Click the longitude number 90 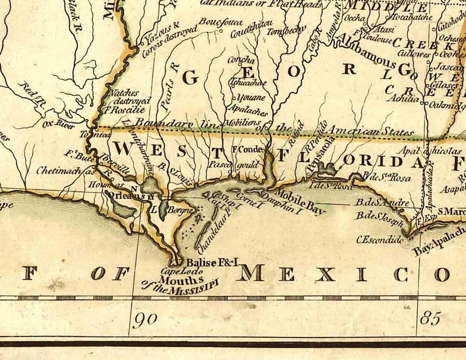[146, 320]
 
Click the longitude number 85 [430, 319]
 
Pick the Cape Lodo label [177, 272]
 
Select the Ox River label [56, 124]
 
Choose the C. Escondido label [380, 240]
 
